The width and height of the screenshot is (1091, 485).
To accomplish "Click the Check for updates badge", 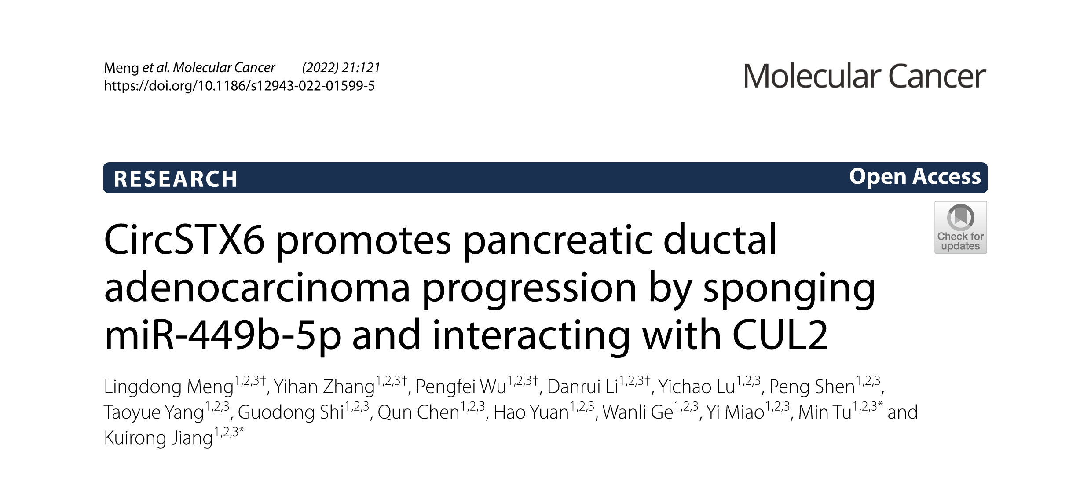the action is tap(960, 227).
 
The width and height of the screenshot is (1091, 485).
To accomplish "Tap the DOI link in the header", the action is tap(239, 85).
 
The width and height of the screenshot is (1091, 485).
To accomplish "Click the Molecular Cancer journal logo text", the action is tap(864, 76).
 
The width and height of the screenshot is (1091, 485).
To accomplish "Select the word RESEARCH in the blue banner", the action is tap(176, 179).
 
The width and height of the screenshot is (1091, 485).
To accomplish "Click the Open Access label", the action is tap(915, 177).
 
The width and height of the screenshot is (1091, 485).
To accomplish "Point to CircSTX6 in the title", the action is tap(184, 240).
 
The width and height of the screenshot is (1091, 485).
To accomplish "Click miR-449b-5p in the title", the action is tap(223, 335).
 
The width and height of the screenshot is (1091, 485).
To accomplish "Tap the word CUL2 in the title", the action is tap(780, 335).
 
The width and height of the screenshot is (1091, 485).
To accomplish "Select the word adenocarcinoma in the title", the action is tap(257, 288).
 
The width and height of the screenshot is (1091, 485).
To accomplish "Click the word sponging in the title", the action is tap(789, 290).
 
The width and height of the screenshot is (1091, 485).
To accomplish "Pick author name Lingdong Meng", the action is tap(168, 387).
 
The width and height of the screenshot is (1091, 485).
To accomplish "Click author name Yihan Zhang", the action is tap(324, 387).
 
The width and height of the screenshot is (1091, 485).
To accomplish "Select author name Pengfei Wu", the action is tap(461, 387).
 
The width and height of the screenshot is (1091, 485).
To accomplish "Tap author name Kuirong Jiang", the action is tap(158, 438).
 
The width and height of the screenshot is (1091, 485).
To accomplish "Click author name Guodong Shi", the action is tap(291, 412).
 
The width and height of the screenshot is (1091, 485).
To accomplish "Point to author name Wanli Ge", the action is tap(638, 412).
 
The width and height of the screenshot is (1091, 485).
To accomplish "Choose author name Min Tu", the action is tap(825, 412).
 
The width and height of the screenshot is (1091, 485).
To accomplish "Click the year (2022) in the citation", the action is tap(320, 67).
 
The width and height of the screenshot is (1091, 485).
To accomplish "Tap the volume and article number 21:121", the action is tap(361, 67).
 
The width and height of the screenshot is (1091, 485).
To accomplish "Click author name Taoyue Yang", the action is tap(154, 412).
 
